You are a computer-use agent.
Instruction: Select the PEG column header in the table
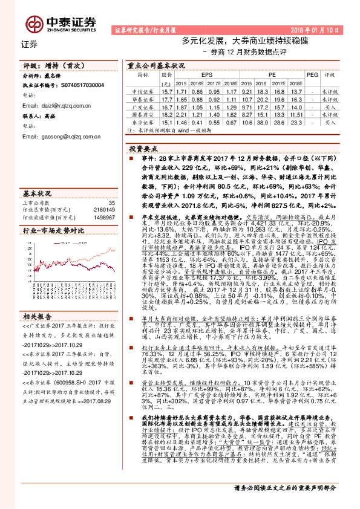click(312, 74)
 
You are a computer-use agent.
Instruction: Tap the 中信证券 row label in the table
click(142, 91)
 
